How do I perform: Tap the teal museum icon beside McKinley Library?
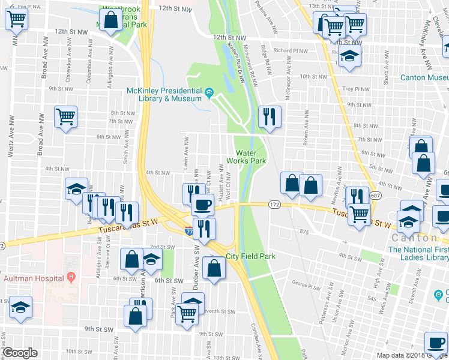coord(209,92)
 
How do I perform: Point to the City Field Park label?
coord(250,256)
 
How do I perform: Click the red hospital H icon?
coord(71,278)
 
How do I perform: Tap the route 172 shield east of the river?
coord(274,205)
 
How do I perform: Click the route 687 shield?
coord(375,196)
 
